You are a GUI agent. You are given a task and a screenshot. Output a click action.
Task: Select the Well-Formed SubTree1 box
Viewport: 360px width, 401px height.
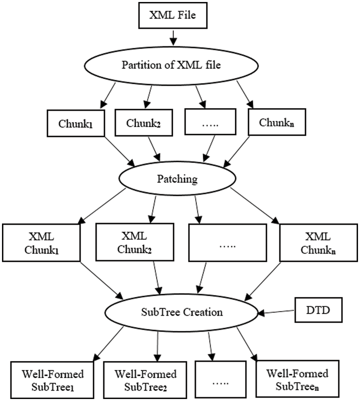48,380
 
